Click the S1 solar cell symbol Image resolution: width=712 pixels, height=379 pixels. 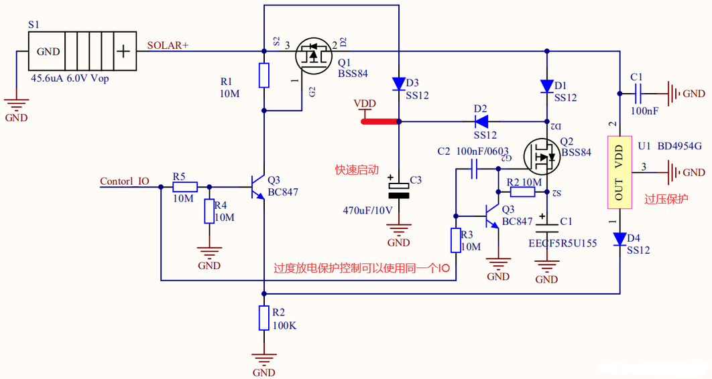coord(82,51)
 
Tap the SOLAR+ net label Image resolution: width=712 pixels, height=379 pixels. coord(168,46)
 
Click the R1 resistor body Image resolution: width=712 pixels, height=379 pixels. coord(264,76)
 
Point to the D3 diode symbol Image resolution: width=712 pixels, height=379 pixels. coord(399,83)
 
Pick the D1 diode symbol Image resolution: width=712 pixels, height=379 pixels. coord(548,86)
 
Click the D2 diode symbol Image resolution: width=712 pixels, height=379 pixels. coord(481,122)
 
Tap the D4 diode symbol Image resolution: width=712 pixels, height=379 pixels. coord(619,239)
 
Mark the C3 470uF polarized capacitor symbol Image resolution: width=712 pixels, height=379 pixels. coord(399,190)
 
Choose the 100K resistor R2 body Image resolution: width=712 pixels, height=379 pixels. coord(264,318)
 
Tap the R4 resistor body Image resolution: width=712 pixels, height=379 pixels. coord(209,212)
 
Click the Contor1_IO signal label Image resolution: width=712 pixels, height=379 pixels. coord(125,181)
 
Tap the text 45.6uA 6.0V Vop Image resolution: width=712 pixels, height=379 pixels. coord(70,78)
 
